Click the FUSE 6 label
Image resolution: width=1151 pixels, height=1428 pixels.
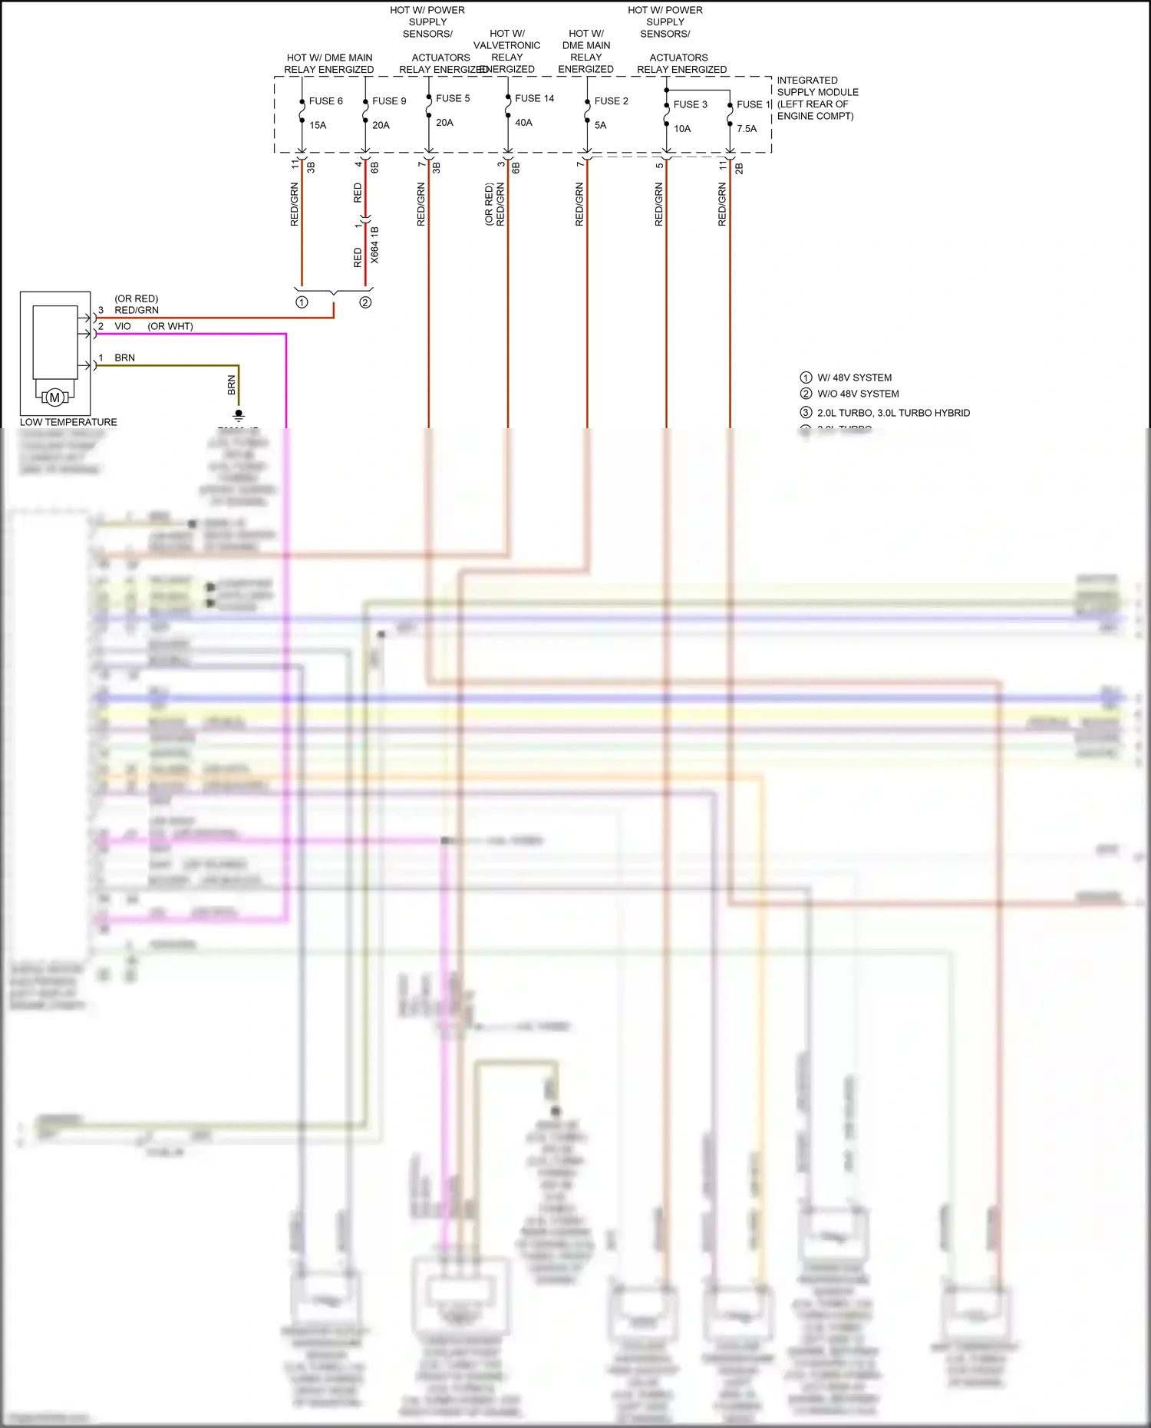(325, 101)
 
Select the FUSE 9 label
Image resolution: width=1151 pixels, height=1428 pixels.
(389, 101)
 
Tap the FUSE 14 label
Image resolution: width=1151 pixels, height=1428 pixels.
(534, 98)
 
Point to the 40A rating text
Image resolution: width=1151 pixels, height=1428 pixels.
(523, 123)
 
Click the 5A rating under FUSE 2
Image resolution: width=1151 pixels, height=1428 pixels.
(600, 125)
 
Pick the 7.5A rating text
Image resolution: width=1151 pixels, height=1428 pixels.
(747, 129)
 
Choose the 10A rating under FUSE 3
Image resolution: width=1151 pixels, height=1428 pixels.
(682, 129)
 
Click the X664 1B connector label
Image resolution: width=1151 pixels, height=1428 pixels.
(374, 245)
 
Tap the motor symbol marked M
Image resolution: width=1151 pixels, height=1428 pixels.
(54, 397)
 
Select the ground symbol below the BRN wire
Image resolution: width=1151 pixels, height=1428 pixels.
(239, 415)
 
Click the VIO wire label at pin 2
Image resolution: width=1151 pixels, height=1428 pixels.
(123, 326)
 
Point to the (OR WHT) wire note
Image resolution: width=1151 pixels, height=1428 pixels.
(170, 326)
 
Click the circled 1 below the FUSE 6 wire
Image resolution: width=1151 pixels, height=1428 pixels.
(302, 302)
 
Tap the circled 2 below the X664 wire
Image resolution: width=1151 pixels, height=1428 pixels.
(365, 302)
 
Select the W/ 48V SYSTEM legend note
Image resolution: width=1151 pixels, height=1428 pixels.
(854, 378)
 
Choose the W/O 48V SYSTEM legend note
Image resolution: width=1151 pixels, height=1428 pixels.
(858, 394)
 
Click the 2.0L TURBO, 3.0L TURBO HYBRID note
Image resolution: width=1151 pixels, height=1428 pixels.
(893, 413)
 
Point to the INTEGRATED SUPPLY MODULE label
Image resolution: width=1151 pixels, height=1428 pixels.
(816, 98)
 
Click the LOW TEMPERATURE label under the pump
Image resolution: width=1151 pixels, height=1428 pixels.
(68, 422)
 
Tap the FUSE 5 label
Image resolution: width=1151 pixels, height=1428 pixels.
(453, 98)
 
